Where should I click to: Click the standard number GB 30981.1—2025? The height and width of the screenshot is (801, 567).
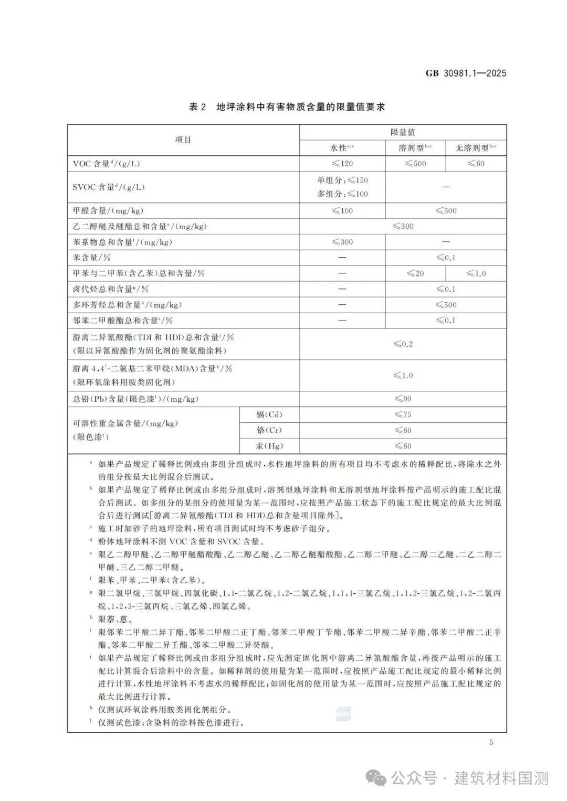[x=466, y=73]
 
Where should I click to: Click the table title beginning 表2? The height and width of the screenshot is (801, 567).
[x=287, y=107]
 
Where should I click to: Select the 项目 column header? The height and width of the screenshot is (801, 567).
[x=183, y=140]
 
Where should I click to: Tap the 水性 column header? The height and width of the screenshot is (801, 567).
[x=342, y=148]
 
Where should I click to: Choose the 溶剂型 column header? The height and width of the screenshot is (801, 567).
[x=415, y=148]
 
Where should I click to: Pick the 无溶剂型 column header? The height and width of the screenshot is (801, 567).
[x=476, y=148]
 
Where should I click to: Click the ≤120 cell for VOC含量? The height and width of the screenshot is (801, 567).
[x=342, y=164]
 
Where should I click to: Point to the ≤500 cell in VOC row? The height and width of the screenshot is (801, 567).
[x=415, y=164]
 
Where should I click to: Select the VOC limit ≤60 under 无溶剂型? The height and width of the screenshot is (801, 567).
[x=476, y=164]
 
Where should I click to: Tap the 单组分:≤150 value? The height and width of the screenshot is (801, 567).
[x=342, y=180]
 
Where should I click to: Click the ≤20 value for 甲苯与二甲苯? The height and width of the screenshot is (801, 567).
[x=415, y=273]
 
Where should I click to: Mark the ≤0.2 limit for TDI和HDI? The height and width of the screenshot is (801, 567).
[x=403, y=344]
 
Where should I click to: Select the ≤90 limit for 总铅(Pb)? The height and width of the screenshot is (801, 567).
[x=403, y=399]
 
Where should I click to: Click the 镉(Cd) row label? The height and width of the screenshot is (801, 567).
[x=269, y=414]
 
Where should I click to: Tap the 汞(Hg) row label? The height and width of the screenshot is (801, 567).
[x=269, y=446]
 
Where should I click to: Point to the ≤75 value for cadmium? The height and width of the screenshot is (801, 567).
[x=403, y=414]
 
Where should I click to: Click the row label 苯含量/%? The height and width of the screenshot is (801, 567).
[x=92, y=258]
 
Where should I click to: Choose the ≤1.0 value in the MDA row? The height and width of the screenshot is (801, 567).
[x=403, y=376]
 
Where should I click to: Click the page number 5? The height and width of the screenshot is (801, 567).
[x=491, y=742]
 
